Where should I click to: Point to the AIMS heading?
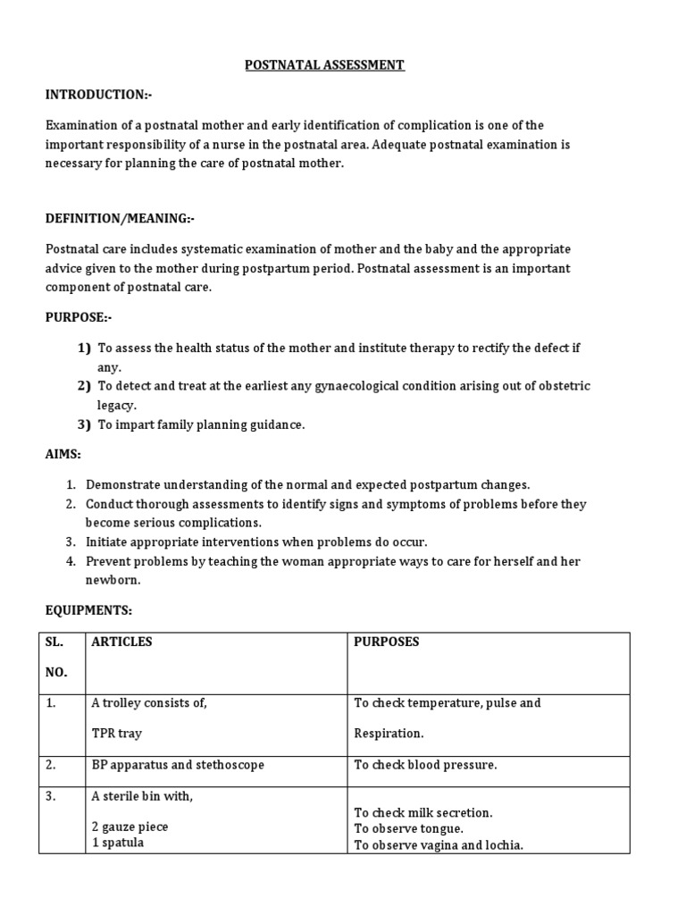pyautogui.click(x=63, y=455)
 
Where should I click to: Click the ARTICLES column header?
pyautogui.click(x=121, y=642)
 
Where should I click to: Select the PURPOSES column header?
pyautogui.click(x=386, y=642)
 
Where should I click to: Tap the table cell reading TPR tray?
pyautogui.click(x=116, y=734)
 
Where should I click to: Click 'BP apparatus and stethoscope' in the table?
pyautogui.click(x=178, y=765)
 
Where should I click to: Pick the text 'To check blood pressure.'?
pyautogui.click(x=425, y=765)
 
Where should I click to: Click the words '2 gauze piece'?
pyautogui.click(x=130, y=827)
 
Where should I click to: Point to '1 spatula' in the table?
pyautogui.click(x=118, y=843)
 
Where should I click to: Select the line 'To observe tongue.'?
pyautogui.click(x=408, y=828)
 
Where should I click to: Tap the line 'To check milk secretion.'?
pyautogui.click(x=423, y=813)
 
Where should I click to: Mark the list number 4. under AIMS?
pyautogui.click(x=71, y=562)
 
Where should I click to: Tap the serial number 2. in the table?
pyautogui.click(x=52, y=765)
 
